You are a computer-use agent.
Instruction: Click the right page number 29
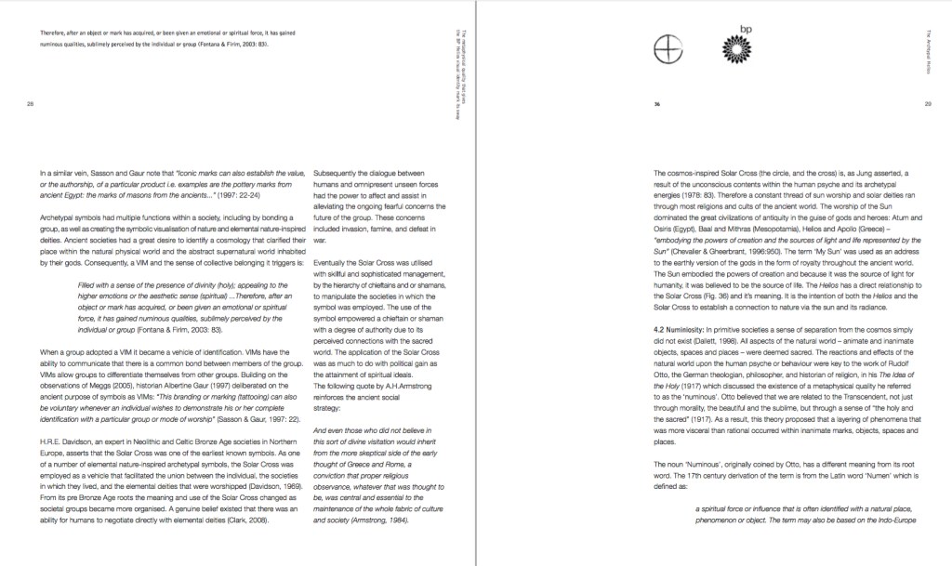click(x=929, y=104)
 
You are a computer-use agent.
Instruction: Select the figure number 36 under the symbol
click(x=657, y=104)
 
